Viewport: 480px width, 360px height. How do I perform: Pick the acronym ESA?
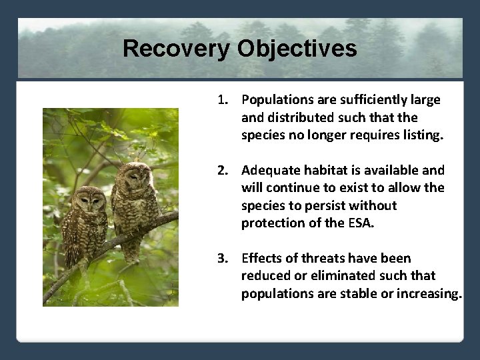361,223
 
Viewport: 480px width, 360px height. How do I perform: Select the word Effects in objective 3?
261,258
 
